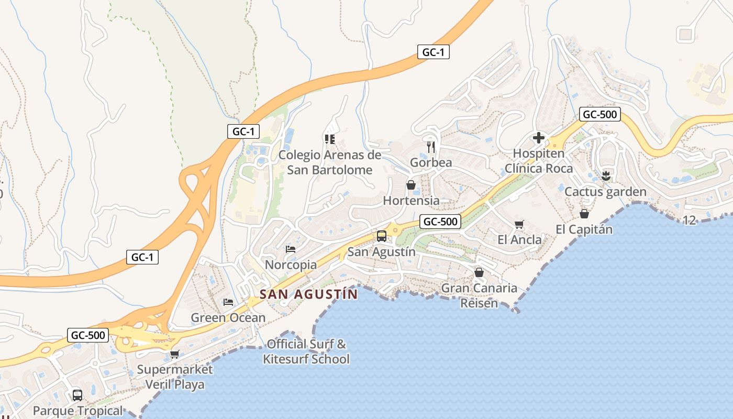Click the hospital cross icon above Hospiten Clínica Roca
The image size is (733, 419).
[538, 138]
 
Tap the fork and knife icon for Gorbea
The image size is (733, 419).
[431, 147]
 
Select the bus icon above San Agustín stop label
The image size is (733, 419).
[382, 236]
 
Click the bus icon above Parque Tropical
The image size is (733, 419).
[77, 395]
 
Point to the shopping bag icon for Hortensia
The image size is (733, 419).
[411, 185]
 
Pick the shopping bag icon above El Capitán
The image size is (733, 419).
[584, 214]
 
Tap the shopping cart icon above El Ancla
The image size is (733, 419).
[519, 224]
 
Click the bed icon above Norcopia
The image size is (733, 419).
[291, 249]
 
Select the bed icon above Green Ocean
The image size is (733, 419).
[228, 302]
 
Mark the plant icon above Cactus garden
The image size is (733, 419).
[606, 176]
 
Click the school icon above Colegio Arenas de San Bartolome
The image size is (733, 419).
[330, 139]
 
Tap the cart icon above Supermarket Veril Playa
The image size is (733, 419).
[175, 354]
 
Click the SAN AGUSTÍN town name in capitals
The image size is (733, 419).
[308, 294]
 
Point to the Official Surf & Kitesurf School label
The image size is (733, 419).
[306, 351]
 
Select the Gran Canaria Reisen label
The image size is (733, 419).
[479, 295]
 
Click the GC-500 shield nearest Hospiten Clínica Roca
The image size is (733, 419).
[600, 114]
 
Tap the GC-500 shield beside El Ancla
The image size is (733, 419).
[440, 222]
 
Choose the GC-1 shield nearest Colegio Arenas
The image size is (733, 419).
[243, 131]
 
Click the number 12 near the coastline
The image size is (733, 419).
[690, 220]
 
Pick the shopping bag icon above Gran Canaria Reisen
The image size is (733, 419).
[479, 272]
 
